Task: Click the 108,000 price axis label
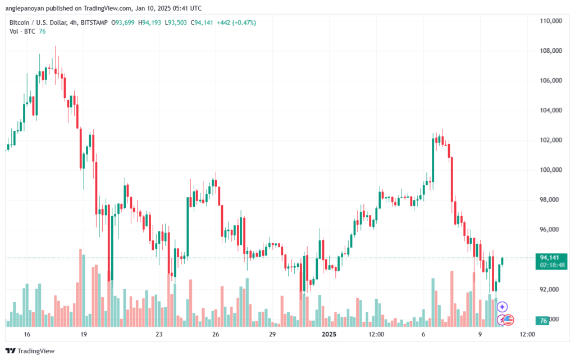click(x=551, y=51)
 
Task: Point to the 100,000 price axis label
click(x=551, y=170)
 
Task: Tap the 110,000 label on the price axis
click(x=551, y=21)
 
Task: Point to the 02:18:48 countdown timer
click(x=553, y=265)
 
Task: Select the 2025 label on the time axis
click(x=328, y=334)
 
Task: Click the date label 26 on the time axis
click(x=216, y=334)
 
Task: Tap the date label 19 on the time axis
click(x=83, y=334)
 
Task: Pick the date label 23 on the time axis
click(x=159, y=334)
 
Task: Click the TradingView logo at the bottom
click(x=30, y=351)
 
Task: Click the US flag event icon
click(x=508, y=320)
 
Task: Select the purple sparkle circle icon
click(x=502, y=307)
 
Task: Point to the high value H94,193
click(x=149, y=22)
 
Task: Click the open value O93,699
click(x=123, y=22)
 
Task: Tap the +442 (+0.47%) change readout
click(x=236, y=22)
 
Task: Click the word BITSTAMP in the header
click(x=94, y=22)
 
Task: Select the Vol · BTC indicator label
click(x=22, y=31)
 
